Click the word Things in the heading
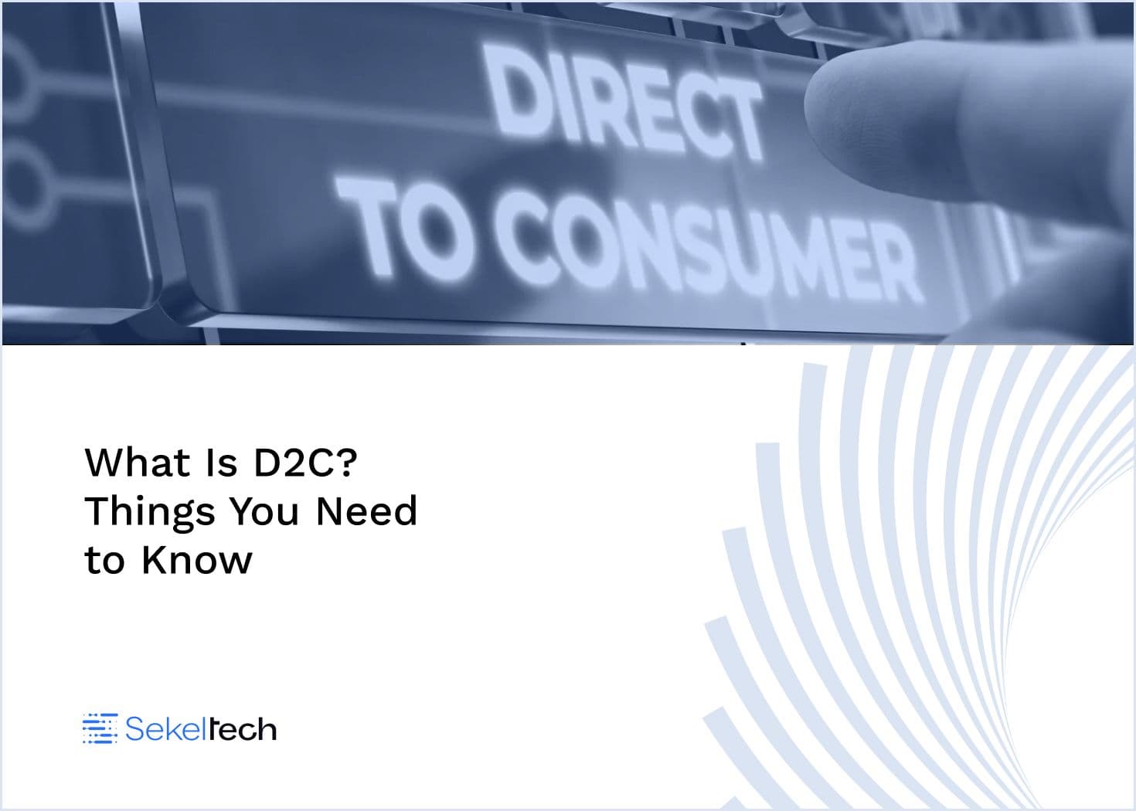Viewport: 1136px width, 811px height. pyautogui.click(x=150, y=512)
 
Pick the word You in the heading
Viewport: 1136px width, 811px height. pyautogui.click(x=265, y=511)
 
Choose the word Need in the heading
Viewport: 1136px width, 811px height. pyautogui.click(x=366, y=511)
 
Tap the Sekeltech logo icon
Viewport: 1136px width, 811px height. pyautogui.click(x=100, y=728)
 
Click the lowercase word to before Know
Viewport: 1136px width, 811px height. pyautogui.click(x=104, y=561)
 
